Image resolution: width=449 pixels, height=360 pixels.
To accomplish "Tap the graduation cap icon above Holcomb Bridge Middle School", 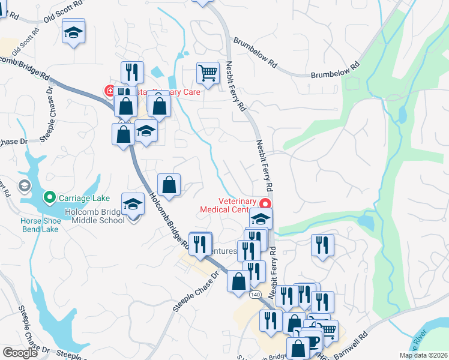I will tap(133, 204).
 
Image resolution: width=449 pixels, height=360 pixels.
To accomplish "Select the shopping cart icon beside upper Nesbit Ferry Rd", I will tap(208, 73).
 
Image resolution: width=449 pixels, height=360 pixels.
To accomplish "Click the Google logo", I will tap(20, 353).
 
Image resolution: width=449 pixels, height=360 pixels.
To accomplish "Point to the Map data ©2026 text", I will tap(423, 355).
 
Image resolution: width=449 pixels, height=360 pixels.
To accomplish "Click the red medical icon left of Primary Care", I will tap(110, 91).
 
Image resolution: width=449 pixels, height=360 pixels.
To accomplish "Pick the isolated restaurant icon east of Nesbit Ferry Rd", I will tap(322, 245).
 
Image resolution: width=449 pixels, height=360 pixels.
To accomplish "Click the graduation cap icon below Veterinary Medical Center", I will tap(261, 218).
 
